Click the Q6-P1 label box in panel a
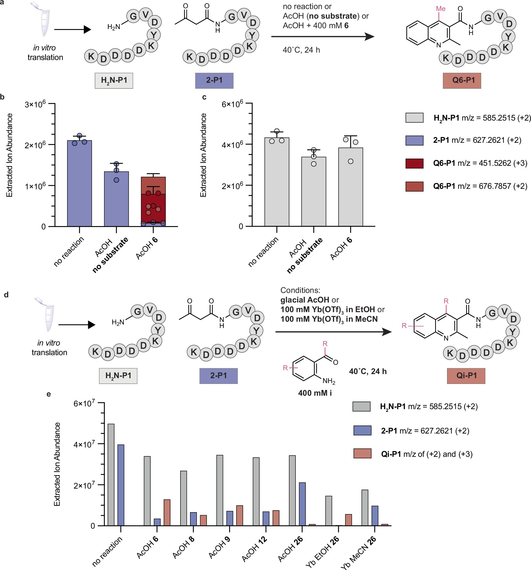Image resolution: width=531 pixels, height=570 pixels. click(461, 81)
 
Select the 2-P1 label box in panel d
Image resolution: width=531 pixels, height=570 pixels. click(218, 376)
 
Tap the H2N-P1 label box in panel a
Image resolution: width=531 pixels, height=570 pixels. click(114, 81)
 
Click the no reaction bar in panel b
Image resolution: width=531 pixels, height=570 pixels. click(79, 184)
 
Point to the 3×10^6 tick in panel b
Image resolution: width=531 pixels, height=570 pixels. click(35, 104)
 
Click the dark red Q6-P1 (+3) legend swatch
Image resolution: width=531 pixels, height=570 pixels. click(414, 163)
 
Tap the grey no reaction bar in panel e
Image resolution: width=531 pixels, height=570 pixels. click(111, 475)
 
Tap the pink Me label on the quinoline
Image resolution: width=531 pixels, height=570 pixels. click(440, 9)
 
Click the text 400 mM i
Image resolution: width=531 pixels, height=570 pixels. click(315, 393)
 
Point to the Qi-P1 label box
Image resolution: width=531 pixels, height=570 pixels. click(466, 376)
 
